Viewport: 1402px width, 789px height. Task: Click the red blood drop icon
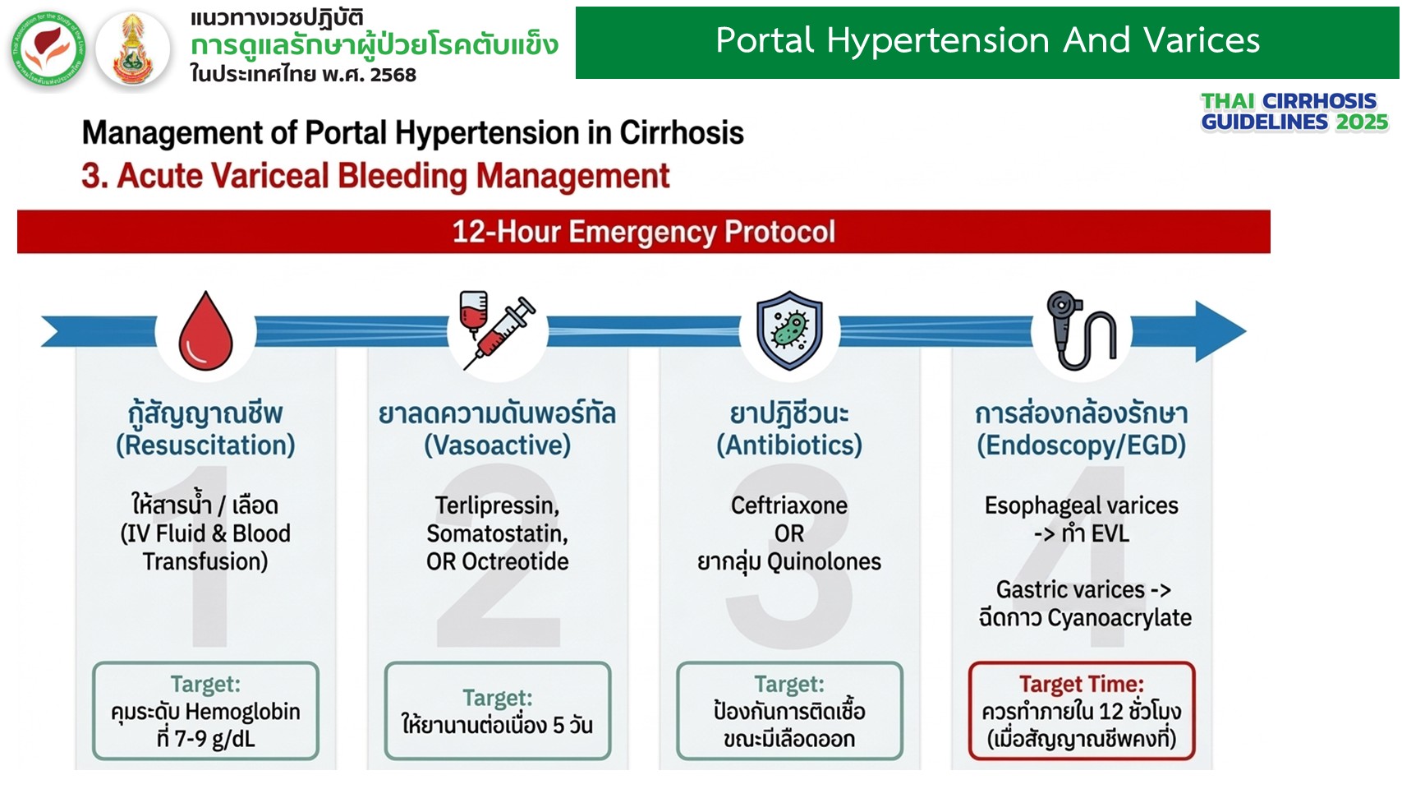[x=205, y=331]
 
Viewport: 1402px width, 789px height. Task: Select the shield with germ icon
[x=789, y=330]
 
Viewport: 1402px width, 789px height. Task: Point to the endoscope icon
[x=1081, y=330]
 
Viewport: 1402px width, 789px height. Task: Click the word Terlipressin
[x=497, y=505]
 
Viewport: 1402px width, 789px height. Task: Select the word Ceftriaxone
[x=789, y=505]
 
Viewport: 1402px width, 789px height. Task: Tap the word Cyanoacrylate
[x=1119, y=618]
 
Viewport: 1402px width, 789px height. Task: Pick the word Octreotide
[x=515, y=561]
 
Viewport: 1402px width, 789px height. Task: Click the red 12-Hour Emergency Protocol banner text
[x=643, y=232]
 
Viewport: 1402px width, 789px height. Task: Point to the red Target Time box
[x=1082, y=711]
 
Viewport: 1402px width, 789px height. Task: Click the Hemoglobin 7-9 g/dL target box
[x=205, y=711]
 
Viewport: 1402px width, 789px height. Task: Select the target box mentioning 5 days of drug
[x=498, y=711]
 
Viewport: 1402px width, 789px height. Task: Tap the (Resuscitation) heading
[x=205, y=445]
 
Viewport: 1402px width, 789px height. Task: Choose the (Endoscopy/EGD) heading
[x=1082, y=445]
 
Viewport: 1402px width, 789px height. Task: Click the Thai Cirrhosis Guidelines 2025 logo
[x=1294, y=112]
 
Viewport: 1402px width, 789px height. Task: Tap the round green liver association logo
[x=48, y=48]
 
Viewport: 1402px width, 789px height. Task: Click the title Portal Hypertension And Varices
[x=988, y=41]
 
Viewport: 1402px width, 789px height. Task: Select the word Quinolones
[x=824, y=561]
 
